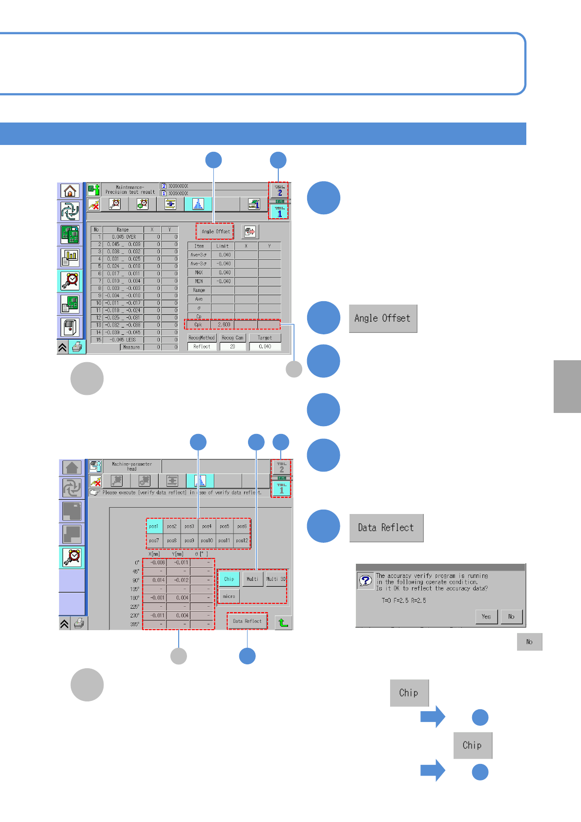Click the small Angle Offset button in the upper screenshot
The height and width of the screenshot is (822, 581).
pyautogui.click(x=215, y=231)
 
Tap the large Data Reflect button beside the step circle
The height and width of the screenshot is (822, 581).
pyautogui.click(x=386, y=528)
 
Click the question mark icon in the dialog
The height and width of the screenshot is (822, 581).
pyautogui.click(x=365, y=580)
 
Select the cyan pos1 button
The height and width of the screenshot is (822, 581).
pyautogui.click(x=154, y=526)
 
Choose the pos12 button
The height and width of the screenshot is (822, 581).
pyautogui.click(x=242, y=540)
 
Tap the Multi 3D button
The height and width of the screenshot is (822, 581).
pyautogui.click(x=276, y=579)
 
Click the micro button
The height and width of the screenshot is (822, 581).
pyautogui.click(x=229, y=596)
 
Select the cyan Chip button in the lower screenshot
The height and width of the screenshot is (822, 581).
pyautogui.click(x=229, y=579)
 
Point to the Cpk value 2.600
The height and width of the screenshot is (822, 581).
pyautogui.click(x=224, y=325)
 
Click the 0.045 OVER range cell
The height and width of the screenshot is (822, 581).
pyautogui.click(x=123, y=237)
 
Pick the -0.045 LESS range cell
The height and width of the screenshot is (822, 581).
pyautogui.click(x=123, y=340)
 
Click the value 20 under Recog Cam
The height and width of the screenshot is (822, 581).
pyautogui.click(x=232, y=347)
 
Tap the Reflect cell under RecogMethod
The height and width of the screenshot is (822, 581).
pyautogui.click(x=202, y=347)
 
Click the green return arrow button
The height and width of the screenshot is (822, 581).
pyautogui.click(x=283, y=622)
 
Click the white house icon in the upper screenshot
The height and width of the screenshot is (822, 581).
pyautogui.click(x=70, y=191)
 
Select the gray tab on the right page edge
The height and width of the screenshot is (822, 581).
pyautogui.click(x=567, y=387)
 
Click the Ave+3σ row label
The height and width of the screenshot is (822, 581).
pyautogui.click(x=199, y=255)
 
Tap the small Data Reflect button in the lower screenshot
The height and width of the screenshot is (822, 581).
pyautogui.click(x=247, y=621)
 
